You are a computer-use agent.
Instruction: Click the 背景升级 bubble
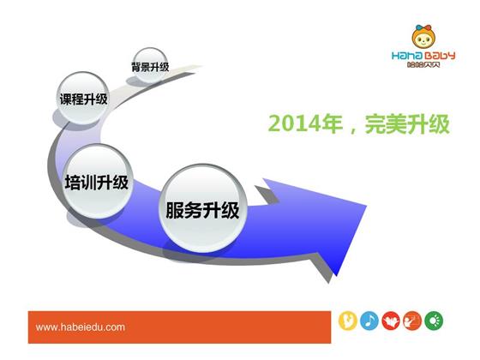pyautogui.click(x=150, y=65)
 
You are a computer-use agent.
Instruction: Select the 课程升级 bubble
pyautogui.click(x=83, y=98)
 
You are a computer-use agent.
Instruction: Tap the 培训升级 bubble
pyautogui.click(x=98, y=181)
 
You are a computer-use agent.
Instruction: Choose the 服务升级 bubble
pyautogui.click(x=202, y=208)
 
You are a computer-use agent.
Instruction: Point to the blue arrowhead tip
pyautogui.click(x=366, y=206)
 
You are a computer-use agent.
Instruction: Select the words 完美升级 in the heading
pyautogui.click(x=407, y=123)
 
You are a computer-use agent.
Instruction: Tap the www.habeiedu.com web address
pyautogui.click(x=81, y=327)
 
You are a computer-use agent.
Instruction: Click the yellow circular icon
pyautogui.click(x=348, y=321)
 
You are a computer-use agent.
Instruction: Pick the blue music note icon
pyautogui.click(x=369, y=321)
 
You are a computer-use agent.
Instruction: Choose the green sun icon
pyautogui.click(x=434, y=321)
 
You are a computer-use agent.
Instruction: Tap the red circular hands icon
pyautogui.click(x=391, y=321)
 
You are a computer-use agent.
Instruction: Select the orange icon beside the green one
pyautogui.click(x=412, y=321)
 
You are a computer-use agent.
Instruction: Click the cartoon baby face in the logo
pyautogui.click(x=423, y=38)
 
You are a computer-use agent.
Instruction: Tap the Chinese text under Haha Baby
pyautogui.click(x=423, y=64)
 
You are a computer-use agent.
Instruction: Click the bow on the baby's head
pyautogui.click(x=423, y=28)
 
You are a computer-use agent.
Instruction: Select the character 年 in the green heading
pyautogui.click(x=333, y=123)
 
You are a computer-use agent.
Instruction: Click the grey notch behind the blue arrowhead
pyautogui.click(x=267, y=195)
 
